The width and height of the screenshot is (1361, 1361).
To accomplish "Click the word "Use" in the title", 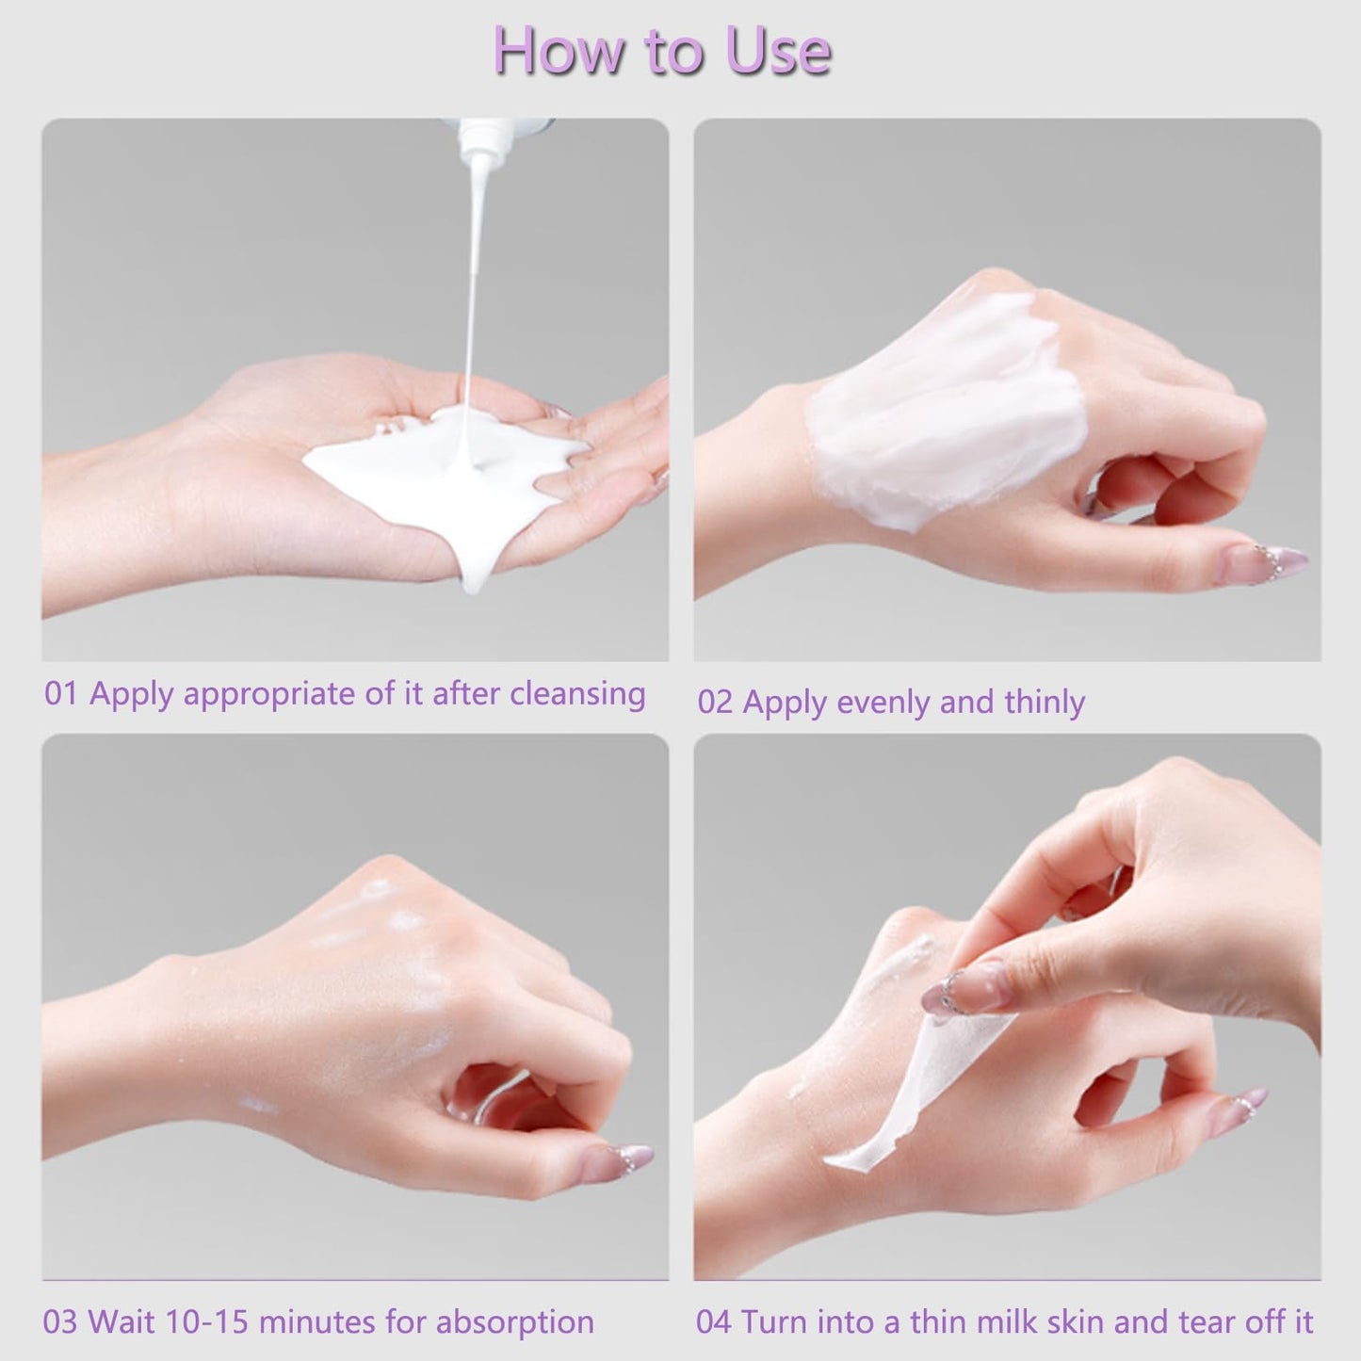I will point(777,51).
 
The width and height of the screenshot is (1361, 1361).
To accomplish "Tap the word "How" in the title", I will point(558,51).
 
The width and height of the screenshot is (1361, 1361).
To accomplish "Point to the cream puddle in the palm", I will point(443,471).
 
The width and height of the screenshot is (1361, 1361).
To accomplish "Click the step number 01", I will point(60,694).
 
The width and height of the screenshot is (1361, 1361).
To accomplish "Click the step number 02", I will point(714,703).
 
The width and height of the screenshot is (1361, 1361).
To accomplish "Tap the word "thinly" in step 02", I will point(1045,703).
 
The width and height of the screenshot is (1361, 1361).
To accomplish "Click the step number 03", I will point(59,1322).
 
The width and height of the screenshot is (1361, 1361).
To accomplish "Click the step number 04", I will point(713,1322).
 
